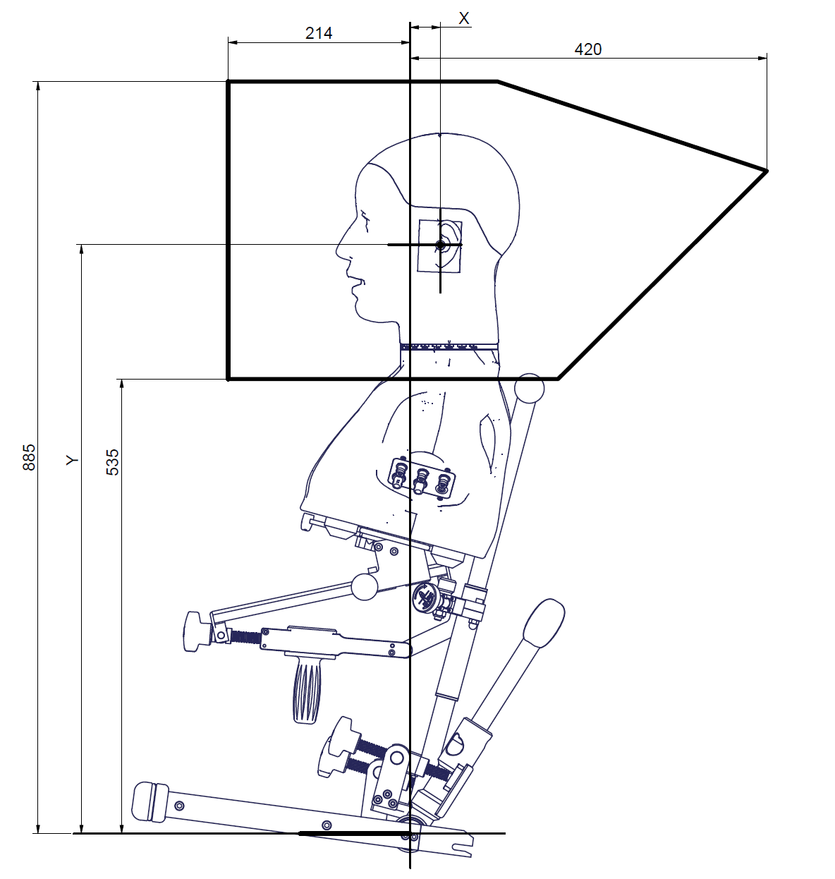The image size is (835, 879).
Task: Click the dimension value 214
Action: (x=319, y=33)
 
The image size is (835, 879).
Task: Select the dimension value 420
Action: (x=587, y=49)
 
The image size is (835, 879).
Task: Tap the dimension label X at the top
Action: (x=464, y=18)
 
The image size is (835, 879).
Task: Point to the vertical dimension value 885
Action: (x=29, y=457)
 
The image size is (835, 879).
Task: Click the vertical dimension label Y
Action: (x=73, y=460)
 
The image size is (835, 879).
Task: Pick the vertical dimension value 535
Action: (x=113, y=462)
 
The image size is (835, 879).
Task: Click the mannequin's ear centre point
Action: (x=440, y=245)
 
